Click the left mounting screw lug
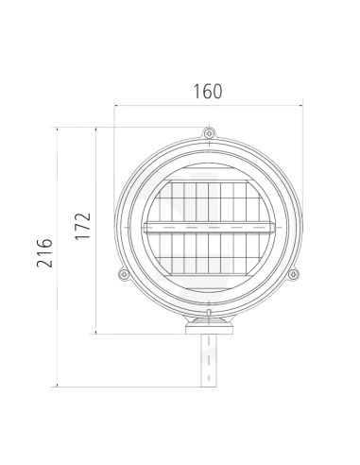(123, 275)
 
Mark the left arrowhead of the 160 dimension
(118, 106)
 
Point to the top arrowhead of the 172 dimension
(98, 128)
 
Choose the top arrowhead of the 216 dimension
(60, 128)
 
